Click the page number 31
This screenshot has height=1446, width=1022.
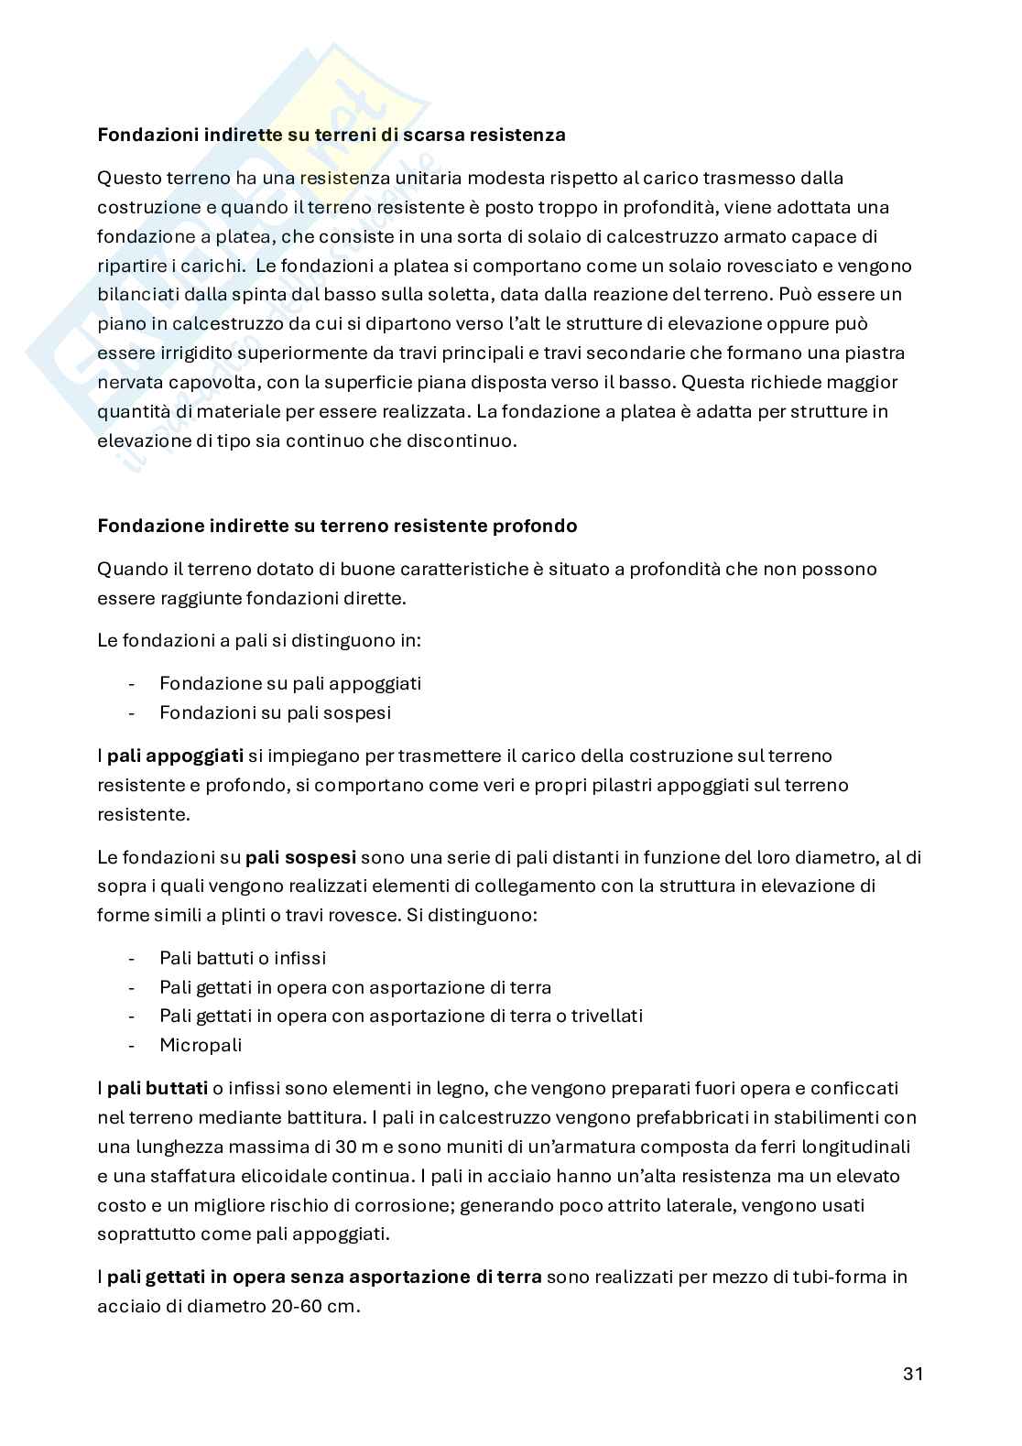pos(912,1373)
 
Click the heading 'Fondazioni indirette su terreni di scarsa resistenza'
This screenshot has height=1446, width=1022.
pos(331,135)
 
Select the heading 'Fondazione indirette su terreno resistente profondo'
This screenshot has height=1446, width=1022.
pos(337,526)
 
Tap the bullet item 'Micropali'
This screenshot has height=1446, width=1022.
pos(200,1045)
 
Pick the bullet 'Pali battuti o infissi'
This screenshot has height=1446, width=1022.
pos(243,958)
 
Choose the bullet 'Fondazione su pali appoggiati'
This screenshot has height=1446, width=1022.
pos(289,683)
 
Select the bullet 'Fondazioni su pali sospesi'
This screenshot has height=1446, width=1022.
pos(275,712)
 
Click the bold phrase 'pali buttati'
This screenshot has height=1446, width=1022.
pos(158,1088)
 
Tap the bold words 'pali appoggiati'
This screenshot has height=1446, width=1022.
pos(175,756)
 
